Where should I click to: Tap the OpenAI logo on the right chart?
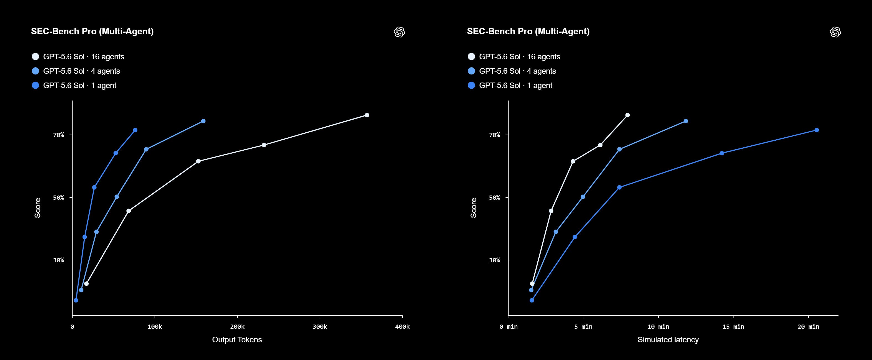pos(835,32)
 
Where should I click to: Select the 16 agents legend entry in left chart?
pos(78,56)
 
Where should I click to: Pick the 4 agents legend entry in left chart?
pos(76,71)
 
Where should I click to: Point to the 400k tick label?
pos(402,326)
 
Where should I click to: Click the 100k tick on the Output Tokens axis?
pos(155,326)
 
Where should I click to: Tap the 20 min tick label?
pos(808,326)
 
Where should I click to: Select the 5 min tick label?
pos(583,326)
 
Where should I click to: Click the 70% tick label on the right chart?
pos(494,135)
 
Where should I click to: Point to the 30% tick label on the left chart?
pos(58,260)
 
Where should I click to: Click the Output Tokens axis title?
pos(237,340)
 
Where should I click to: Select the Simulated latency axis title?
pos(668,340)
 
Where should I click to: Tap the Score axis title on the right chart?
pos(473,208)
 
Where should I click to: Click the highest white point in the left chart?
pos(367,115)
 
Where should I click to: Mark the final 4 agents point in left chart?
pos(203,121)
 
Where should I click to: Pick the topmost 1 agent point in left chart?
pos(135,130)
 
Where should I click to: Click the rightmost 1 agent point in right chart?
pos(817,130)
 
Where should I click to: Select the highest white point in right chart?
pos(627,115)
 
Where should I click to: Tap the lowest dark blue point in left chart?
pos(76,300)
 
